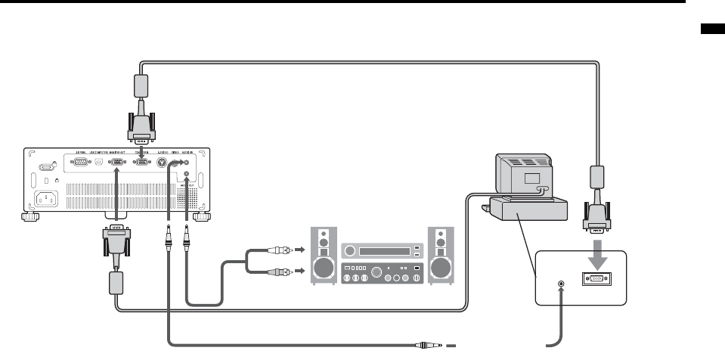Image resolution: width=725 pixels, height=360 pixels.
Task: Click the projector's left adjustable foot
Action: (x=29, y=218)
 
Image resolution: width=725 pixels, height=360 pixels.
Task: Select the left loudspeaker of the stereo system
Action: (x=324, y=255)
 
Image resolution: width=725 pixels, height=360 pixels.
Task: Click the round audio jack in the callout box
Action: (x=560, y=285)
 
